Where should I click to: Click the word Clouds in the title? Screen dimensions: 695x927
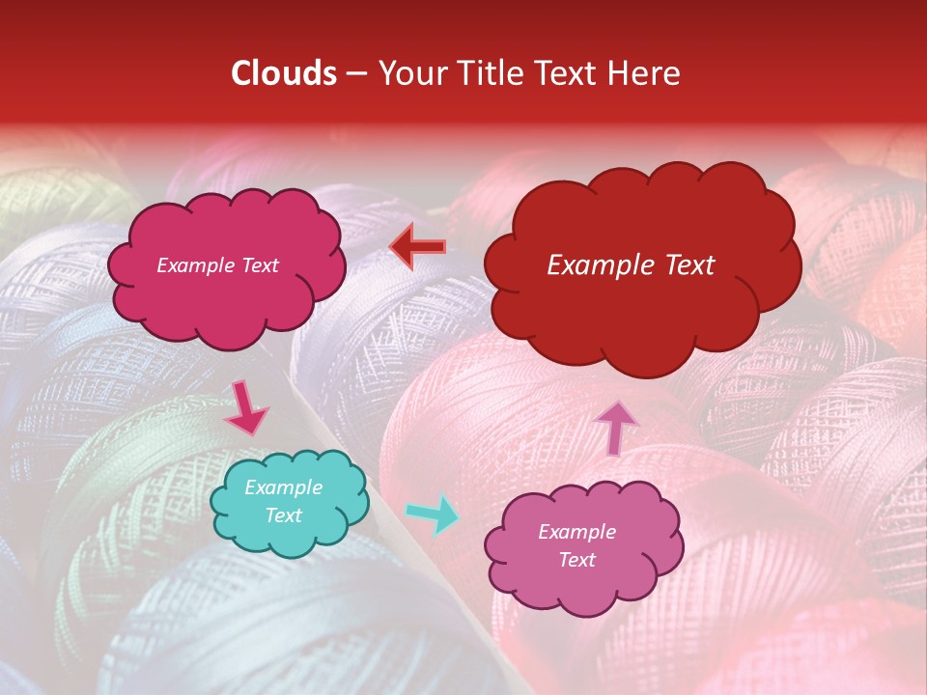[284, 73]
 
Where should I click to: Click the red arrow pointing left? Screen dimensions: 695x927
[417, 246]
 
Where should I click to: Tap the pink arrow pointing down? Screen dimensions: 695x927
[245, 408]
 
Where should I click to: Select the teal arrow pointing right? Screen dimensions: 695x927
[434, 514]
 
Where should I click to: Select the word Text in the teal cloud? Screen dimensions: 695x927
[284, 515]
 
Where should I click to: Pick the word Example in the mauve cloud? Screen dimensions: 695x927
[576, 532]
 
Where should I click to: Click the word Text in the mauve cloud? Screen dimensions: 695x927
[576, 560]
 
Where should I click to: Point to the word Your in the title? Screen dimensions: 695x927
[407, 73]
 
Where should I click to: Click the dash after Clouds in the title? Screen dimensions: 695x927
[354, 74]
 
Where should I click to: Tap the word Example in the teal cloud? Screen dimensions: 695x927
[284, 487]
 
